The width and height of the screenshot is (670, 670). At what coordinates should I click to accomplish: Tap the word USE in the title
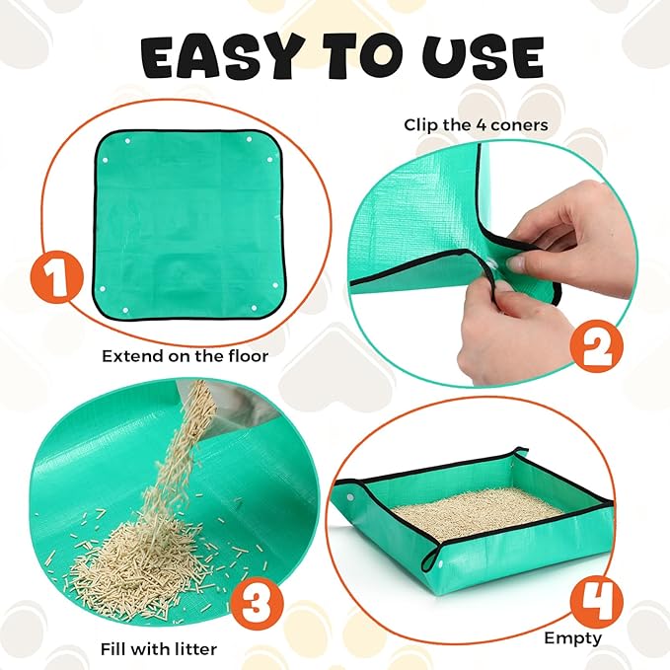pos(485,58)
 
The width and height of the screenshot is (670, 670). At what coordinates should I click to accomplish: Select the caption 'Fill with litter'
pos(159,649)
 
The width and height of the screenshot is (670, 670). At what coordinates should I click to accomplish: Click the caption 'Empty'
pos(573,637)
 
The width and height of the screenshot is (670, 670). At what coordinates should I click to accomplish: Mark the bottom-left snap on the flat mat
pos(104,288)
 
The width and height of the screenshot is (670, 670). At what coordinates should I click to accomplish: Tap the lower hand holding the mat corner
pos(513,326)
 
